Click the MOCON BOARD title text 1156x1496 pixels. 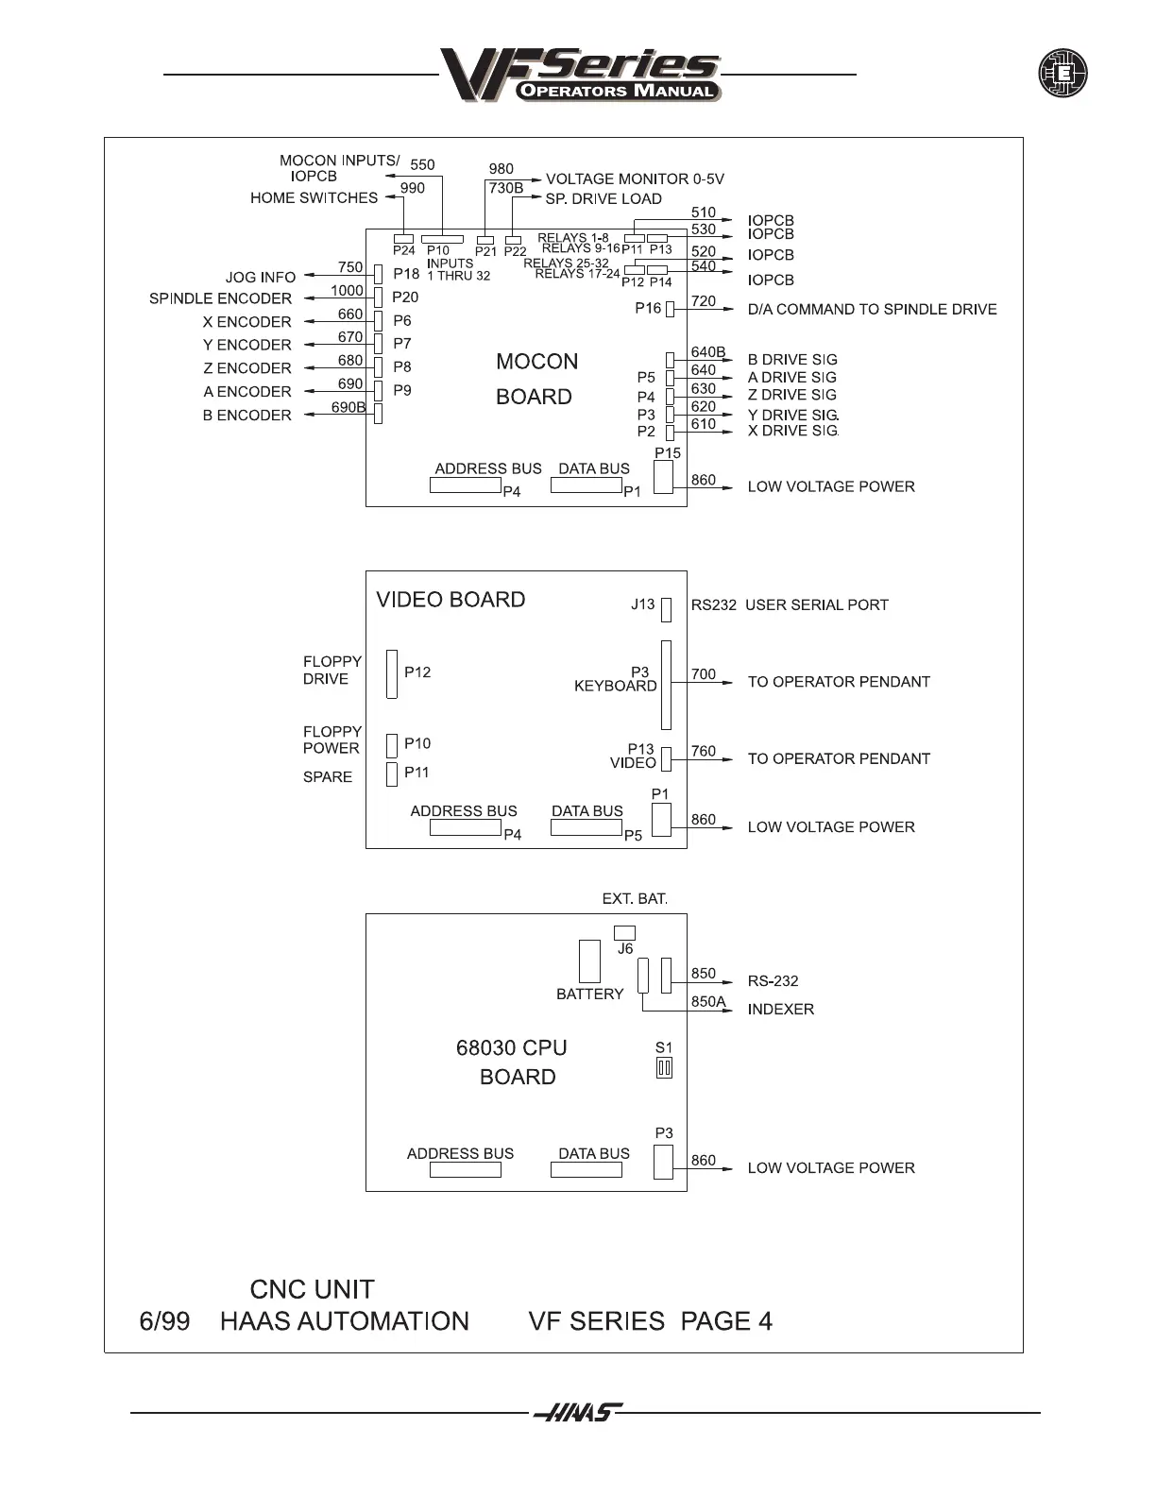[x=536, y=379]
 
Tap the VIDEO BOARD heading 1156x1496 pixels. [x=450, y=600]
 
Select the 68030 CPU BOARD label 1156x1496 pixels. [x=513, y=1062]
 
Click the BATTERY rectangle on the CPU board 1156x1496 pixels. [x=589, y=961]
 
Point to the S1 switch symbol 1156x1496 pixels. [x=664, y=1068]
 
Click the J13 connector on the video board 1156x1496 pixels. [x=666, y=609]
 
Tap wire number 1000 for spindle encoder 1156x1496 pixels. [x=347, y=291]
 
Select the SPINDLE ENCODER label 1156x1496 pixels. [x=220, y=298]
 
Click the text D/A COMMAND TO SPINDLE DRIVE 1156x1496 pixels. [x=872, y=309]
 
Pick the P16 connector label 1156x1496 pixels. [x=648, y=308]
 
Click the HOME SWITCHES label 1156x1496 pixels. [x=314, y=198]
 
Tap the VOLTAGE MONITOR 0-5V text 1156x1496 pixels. [x=635, y=178]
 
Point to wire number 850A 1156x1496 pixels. [x=708, y=1001]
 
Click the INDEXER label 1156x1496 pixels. [x=780, y=1009]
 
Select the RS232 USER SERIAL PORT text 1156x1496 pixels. [x=790, y=604]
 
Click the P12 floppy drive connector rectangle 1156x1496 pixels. [x=392, y=673]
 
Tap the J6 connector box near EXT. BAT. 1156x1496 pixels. [x=624, y=933]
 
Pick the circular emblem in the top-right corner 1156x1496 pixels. [x=1062, y=74]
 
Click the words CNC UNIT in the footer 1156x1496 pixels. [x=312, y=1289]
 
